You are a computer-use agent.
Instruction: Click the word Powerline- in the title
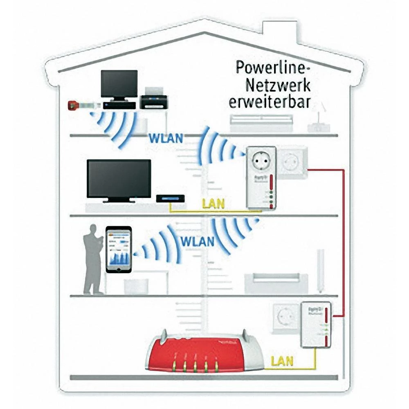(x=273, y=67)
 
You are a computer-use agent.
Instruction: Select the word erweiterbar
(x=269, y=101)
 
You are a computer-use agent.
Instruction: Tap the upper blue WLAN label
(x=165, y=138)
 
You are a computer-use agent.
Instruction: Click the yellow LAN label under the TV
(x=213, y=203)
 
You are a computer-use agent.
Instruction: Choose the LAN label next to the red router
(x=283, y=361)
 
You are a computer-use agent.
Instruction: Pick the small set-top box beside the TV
(x=170, y=199)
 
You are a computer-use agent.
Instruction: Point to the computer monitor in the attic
(x=119, y=84)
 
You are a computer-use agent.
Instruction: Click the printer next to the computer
(x=153, y=101)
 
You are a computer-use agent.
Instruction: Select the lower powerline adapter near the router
(x=316, y=324)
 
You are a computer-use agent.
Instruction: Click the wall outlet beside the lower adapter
(x=284, y=317)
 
